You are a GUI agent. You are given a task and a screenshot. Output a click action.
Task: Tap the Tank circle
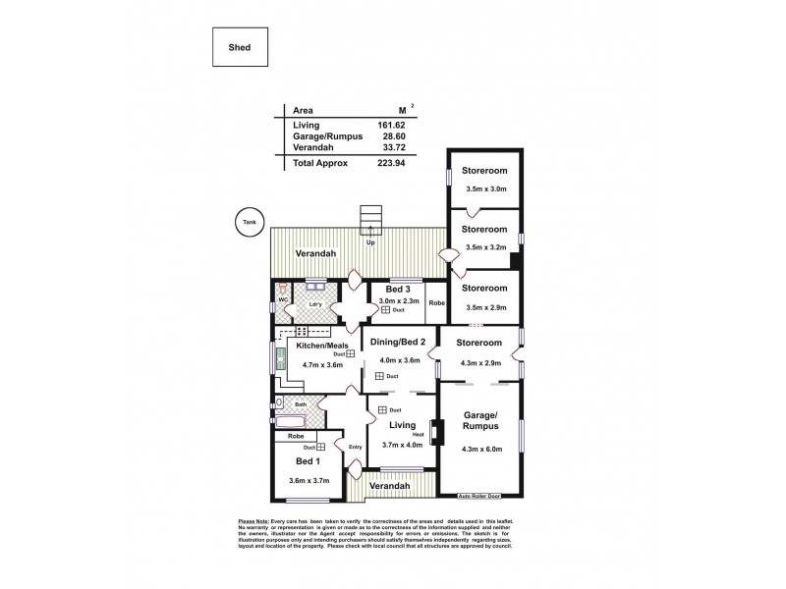click(247, 222)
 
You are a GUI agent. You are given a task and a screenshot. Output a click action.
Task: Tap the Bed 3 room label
click(397, 290)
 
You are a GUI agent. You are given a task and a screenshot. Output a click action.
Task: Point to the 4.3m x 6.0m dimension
click(480, 452)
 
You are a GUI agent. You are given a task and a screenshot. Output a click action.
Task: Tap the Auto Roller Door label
click(481, 498)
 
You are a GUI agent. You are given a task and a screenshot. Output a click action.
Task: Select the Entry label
click(356, 448)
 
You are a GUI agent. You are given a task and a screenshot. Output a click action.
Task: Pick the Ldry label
click(315, 304)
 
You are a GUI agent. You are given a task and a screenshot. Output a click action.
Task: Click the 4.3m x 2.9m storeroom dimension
click(480, 363)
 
